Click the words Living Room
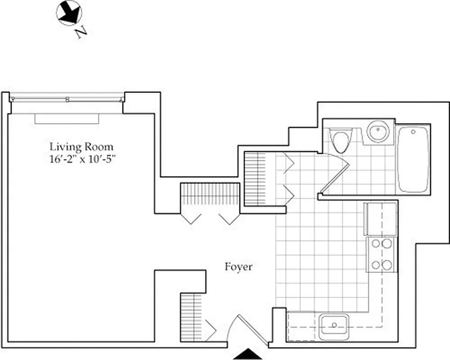coord(81,147)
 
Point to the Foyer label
coord(238,267)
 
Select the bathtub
coord(413,159)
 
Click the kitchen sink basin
coord(333,324)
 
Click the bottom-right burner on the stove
coord(387,265)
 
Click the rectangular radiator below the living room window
coord(67,118)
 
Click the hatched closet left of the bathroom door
coord(255,179)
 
